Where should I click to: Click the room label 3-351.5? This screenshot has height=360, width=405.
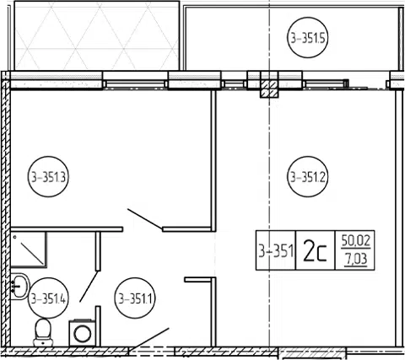(x=308, y=38)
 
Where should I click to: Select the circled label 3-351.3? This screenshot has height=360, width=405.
(x=48, y=177)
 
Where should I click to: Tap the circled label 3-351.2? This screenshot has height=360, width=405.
(x=308, y=177)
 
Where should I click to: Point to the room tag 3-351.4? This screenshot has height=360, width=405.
(x=48, y=298)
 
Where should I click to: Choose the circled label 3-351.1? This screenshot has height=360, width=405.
(x=135, y=298)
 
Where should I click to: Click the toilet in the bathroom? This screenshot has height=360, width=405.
(x=43, y=333)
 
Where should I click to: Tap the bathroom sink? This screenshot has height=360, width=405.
(x=19, y=286)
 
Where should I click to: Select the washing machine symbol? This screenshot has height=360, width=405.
(x=83, y=333)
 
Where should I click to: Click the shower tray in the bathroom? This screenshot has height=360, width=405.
(x=29, y=250)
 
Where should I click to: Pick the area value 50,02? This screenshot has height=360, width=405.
(x=356, y=242)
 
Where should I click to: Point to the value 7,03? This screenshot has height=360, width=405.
(x=356, y=259)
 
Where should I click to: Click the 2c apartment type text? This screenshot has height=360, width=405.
(x=315, y=250)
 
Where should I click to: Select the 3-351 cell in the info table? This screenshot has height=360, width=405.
(x=276, y=250)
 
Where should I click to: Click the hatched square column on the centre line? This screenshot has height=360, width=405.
(x=269, y=89)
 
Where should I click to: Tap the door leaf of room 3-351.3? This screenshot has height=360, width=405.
(x=145, y=219)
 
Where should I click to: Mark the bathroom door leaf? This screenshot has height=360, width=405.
(x=89, y=286)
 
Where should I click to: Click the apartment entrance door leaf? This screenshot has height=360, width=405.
(x=149, y=340)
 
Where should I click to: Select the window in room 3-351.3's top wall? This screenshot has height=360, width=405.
(x=135, y=84)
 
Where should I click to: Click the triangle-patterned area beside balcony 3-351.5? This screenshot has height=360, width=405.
(x=97, y=35)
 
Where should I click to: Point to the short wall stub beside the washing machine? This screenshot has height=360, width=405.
(x=98, y=326)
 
